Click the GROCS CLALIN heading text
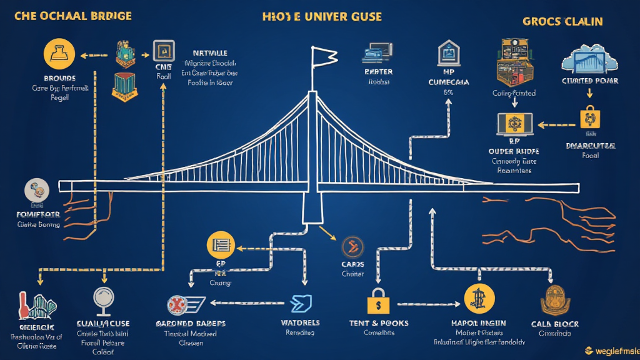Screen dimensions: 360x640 [x=562, y=21]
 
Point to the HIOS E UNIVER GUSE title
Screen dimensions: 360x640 [x=322, y=17]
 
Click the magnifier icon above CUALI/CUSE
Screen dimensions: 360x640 [x=102, y=300]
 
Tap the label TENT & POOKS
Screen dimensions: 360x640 [x=379, y=323]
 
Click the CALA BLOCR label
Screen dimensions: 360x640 [x=554, y=324]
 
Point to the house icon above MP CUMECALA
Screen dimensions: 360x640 [x=448, y=54]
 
